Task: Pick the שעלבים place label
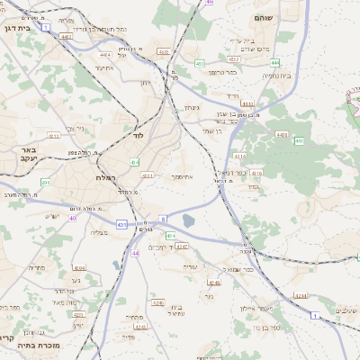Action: [344, 310]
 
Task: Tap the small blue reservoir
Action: [188, 220]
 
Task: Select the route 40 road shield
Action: [73, 218]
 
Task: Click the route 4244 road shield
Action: [301, 295]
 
